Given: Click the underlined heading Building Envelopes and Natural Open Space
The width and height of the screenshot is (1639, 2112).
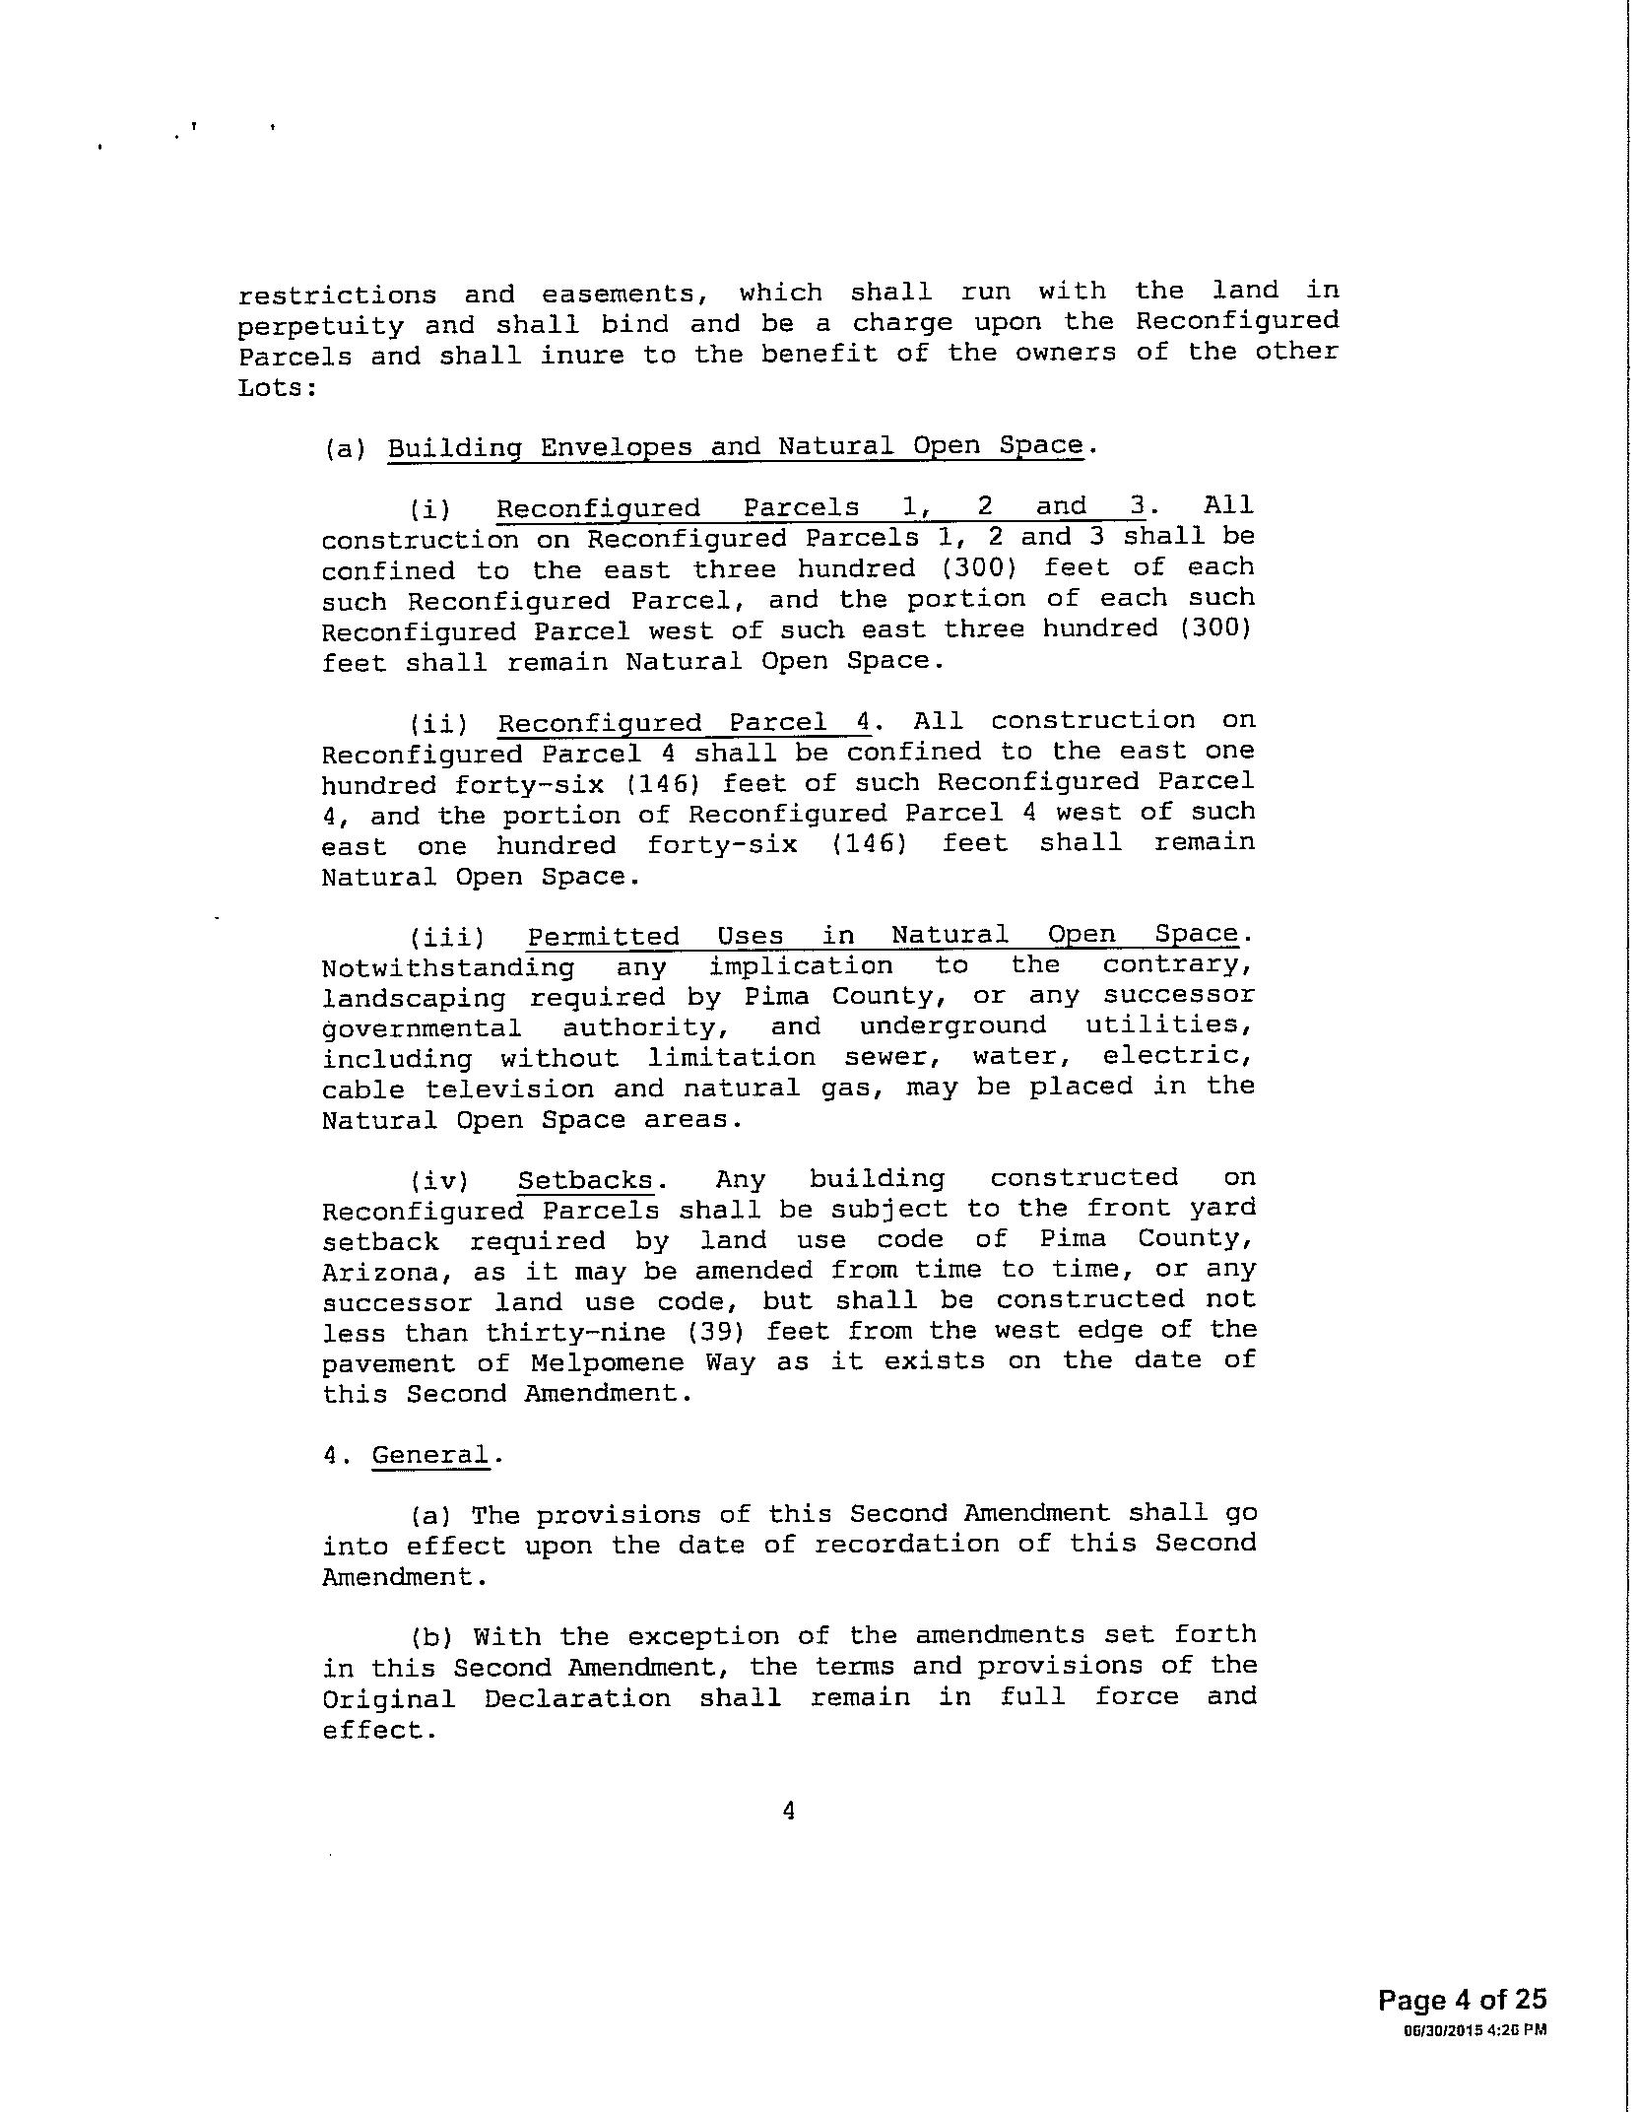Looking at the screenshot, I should point(735,446).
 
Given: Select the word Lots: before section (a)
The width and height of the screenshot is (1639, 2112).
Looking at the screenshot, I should point(277,388).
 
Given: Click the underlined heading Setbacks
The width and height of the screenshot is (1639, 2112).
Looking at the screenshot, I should point(585,1180).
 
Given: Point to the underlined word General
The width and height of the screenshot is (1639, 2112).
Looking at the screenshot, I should point(430,1455).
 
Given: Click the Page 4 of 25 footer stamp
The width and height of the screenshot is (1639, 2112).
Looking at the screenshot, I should point(1462,1999).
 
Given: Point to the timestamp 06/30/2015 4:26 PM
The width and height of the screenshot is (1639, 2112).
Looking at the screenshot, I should point(1475,2029).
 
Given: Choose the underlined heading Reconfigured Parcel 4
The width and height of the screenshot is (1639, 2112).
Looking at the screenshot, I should point(684,723).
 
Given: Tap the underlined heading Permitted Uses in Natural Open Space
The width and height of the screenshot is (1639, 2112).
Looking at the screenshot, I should point(883,935).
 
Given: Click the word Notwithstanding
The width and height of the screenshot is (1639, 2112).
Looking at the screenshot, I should point(448,967).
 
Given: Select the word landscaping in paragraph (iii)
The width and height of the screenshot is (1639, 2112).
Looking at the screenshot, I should point(414,998).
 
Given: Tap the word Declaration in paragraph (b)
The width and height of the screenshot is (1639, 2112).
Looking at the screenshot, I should point(577,1698).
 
